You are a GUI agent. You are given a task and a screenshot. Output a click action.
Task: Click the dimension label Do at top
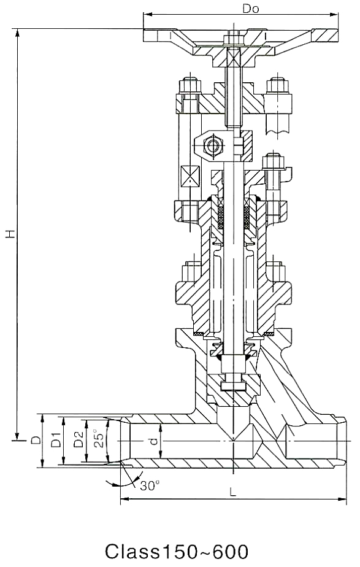[251, 9]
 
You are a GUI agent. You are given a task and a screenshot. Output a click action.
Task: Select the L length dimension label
[233, 492]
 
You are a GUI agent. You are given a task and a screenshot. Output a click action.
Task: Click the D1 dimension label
[56, 439]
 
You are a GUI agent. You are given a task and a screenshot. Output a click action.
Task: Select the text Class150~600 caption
[177, 552]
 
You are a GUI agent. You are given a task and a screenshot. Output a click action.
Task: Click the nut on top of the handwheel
[234, 39]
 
